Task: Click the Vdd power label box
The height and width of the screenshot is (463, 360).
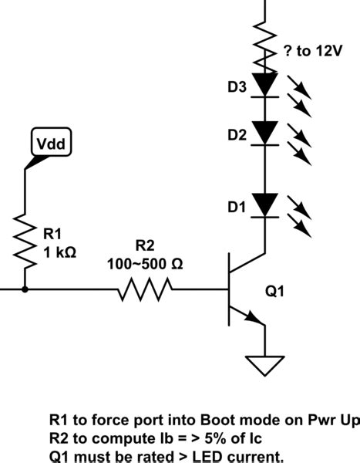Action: pyautogui.click(x=50, y=143)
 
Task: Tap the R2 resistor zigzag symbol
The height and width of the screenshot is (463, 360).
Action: pyautogui.click(x=145, y=291)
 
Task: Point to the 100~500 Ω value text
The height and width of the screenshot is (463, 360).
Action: pyautogui.click(x=144, y=262)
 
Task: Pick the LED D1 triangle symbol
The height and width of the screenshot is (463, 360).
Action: pyautogui.click(x=265, y=204)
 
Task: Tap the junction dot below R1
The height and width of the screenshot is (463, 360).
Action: pyautogui.click(x=25, y=291)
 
